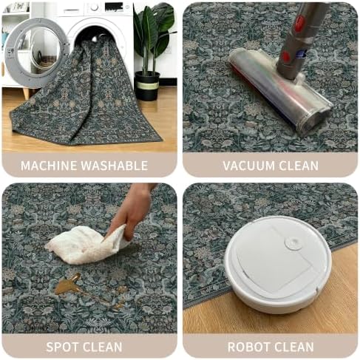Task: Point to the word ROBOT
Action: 248,347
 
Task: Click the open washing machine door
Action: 35,52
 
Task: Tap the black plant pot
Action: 147,86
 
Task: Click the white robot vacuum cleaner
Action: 279,264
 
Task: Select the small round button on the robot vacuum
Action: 293,242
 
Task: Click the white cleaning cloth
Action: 86,245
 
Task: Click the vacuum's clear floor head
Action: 279,90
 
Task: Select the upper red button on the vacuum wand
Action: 299,24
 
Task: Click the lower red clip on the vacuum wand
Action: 286,56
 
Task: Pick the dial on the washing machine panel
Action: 94,7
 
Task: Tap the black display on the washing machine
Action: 114,7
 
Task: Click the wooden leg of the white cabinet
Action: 26,93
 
